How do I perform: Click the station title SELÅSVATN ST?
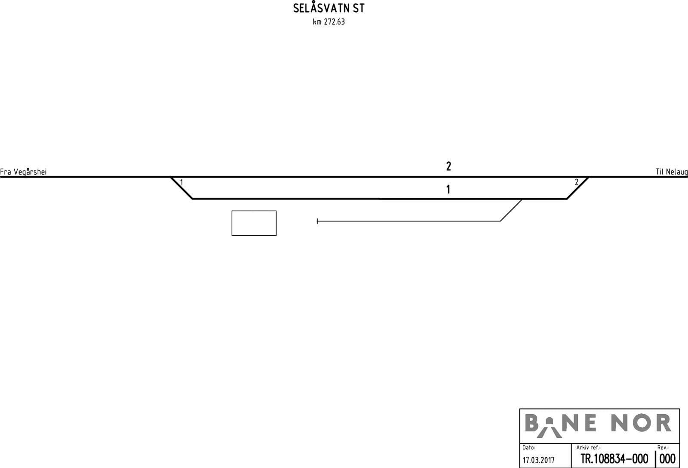[329, 9]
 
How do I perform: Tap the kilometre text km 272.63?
[329, 22]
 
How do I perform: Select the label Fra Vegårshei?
[23, 172]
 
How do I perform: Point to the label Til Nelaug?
[671, 172]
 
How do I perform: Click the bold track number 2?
[448, 166]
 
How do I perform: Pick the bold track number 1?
[448, 189]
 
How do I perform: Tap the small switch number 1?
[181, 183]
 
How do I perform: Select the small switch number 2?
[577, 182]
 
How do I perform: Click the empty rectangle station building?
[254, 223]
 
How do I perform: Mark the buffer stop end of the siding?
[317, 221]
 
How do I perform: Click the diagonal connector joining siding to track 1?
[511, 210]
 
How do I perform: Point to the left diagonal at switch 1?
[181, 188]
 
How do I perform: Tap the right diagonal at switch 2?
[577, 188]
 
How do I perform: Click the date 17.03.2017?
[538, 460]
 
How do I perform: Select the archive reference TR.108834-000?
[614, 459]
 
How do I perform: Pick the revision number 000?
[667, 459]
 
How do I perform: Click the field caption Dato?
[528, 448]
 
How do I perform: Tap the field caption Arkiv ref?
[588, 448]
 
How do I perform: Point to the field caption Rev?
[663, 448]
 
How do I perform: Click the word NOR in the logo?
[641, 424]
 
